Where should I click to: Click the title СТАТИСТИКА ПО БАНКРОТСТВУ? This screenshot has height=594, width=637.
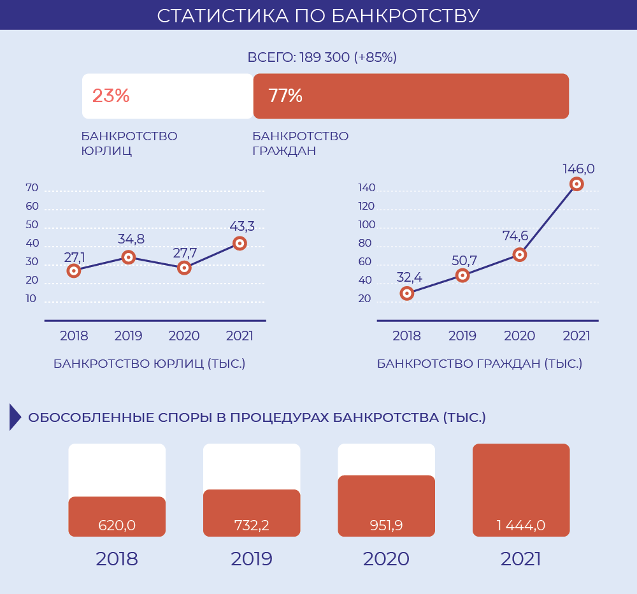[318, 15]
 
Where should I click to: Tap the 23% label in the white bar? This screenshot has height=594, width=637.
[111, 96]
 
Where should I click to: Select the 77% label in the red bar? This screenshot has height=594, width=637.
[285, 96]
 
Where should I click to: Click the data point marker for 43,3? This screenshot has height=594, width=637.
[240, 243]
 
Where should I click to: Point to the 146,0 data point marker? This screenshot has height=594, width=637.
[576, 184]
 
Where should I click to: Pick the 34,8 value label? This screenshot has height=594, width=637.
[131, 239]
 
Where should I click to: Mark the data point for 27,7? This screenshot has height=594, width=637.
[184, 268]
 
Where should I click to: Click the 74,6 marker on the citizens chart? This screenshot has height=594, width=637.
[520, 255]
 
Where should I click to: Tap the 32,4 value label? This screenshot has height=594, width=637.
[410, 277]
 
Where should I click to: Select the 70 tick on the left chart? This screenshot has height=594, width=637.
[32, 188]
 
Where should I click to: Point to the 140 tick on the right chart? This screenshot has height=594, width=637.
[366, 188]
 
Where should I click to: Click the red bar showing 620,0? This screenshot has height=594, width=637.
[117, 516]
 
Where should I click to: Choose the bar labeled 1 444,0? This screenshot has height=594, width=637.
[521, 489]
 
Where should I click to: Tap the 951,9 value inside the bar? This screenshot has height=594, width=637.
[386, 526]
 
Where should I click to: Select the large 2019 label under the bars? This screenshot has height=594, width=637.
[252, 559]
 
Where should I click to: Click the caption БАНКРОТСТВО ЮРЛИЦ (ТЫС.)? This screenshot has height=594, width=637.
[149, 364]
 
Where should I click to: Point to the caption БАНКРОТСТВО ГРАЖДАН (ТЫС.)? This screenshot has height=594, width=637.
[480, 364]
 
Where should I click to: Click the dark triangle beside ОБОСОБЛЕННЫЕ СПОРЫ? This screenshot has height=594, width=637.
[15, 417]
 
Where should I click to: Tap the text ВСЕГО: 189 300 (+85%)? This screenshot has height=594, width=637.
[322, 57]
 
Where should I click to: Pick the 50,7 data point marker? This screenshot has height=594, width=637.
[463, 275]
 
